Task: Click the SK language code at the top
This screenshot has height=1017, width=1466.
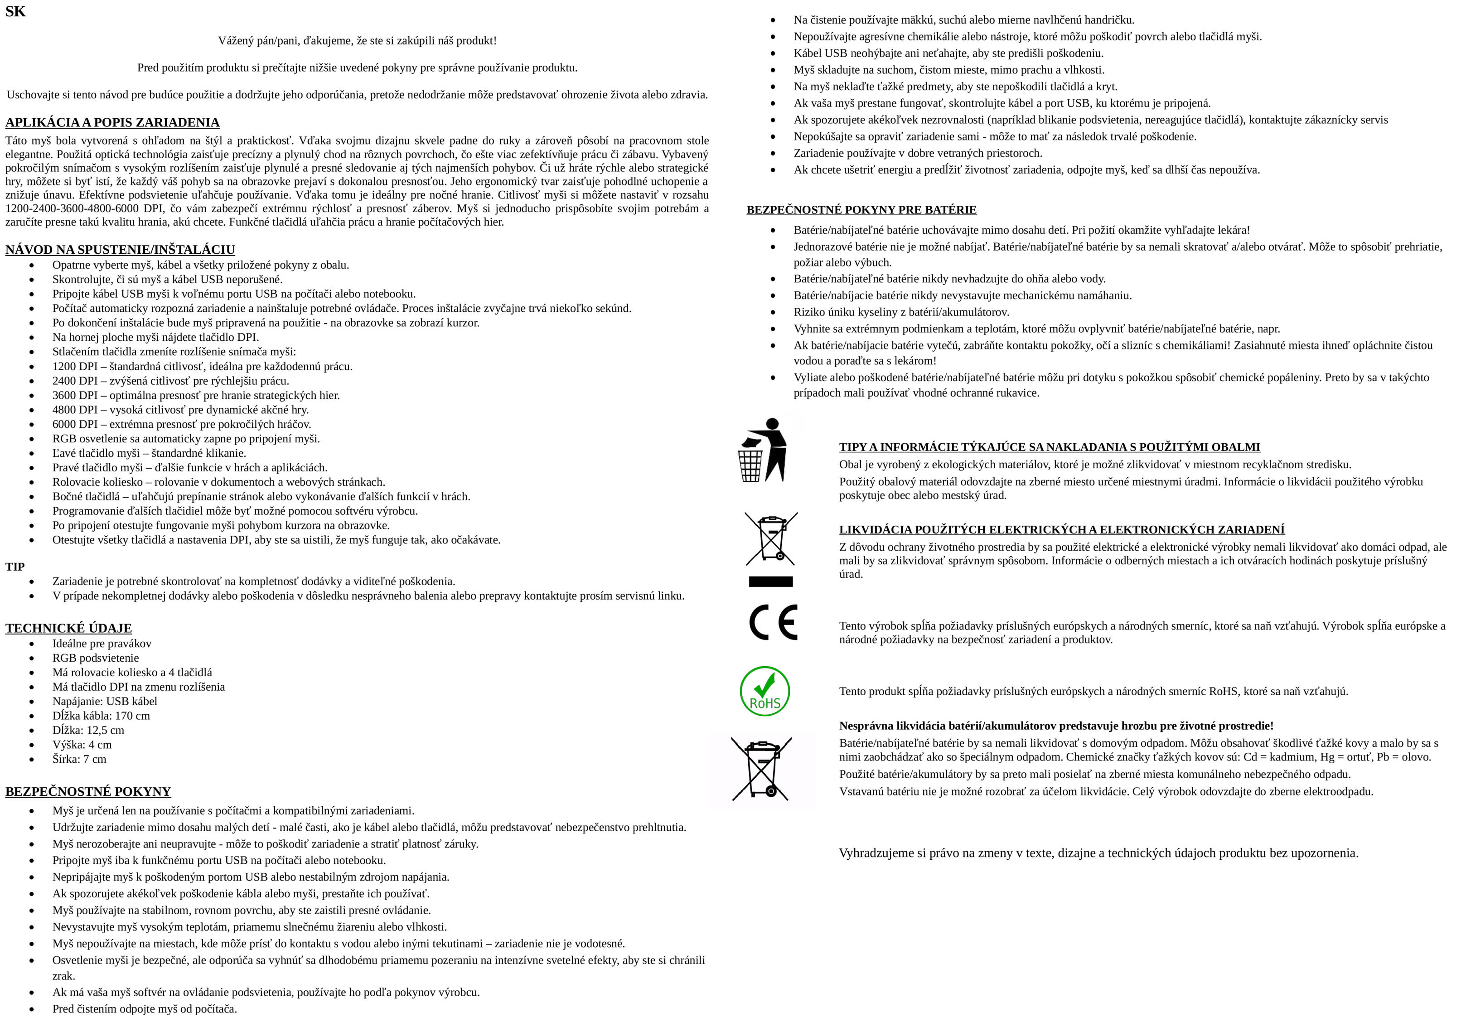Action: coord(15,11)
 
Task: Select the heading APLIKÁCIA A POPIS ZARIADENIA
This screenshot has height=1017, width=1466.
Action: coord(112,122)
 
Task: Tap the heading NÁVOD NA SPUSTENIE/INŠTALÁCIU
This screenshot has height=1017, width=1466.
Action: coord(120,249)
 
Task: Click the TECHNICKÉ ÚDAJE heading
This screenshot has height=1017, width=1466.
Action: coord(68,628)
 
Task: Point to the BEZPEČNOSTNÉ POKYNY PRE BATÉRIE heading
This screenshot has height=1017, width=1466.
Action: coord(861,210)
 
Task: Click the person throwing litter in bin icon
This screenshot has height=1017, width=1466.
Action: coord(763,450)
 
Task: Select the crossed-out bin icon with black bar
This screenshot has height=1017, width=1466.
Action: coord(771,548)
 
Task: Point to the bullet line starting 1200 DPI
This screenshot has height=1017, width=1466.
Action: coord(202,366)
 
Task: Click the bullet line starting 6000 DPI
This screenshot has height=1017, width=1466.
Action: coord(182,424)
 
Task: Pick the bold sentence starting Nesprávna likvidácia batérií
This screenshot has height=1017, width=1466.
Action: coord(1056,726)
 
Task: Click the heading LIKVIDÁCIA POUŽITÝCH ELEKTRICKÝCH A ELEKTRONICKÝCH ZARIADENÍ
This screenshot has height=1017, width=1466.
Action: coord(1061,529)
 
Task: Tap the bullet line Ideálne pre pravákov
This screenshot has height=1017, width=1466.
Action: coord(102,644)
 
